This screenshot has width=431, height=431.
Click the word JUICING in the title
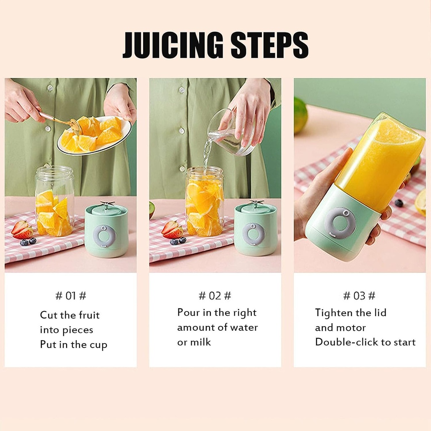172,44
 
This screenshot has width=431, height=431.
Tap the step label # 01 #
71,296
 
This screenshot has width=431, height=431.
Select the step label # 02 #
215,296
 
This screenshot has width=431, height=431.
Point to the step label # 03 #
359,296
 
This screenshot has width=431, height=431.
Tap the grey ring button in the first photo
104,235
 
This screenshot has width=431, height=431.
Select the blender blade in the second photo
255,204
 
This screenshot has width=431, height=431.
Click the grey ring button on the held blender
340,223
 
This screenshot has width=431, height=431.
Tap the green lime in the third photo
300,115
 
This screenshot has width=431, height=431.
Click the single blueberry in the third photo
399,203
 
